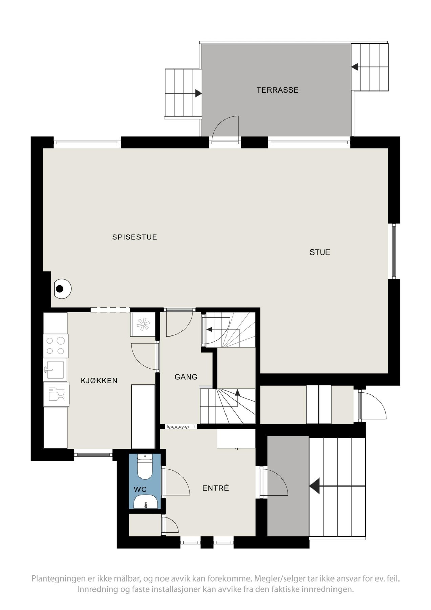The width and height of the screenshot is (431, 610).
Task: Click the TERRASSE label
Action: [277, 90]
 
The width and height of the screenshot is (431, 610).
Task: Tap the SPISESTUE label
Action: [135, 237]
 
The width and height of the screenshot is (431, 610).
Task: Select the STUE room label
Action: [320, 252]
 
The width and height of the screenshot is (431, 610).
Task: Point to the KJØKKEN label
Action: [99, 381]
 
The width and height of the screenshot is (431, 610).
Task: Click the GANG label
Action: [186, 377]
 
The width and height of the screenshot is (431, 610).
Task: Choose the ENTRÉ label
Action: [216, 488]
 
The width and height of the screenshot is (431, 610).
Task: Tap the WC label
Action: [140, 489]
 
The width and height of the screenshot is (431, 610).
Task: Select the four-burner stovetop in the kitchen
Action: [56, 346]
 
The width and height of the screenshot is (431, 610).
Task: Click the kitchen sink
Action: [55, 370]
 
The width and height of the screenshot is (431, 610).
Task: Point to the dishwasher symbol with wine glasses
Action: [56, 394]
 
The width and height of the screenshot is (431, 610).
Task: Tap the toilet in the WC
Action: [145, 467]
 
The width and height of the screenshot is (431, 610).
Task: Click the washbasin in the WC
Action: [145, 502]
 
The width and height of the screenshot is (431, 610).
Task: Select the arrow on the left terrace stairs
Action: [198, 93]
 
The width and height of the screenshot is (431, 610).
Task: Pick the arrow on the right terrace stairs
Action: [355, 67]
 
